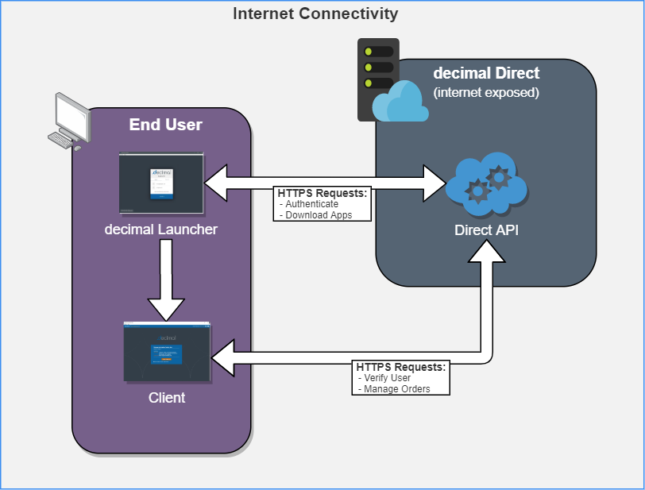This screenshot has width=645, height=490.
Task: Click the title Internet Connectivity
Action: tap(315, 14)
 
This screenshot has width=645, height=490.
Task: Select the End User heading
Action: tap(165, 125)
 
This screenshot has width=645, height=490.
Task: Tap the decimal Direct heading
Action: tap(486, 73)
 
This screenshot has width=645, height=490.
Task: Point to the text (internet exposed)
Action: tap(486, 92)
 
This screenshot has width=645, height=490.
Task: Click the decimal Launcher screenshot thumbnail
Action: tap(161, 183)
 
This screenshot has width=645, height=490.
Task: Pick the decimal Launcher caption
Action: tap(161, 230)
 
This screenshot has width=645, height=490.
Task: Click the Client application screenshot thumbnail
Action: tap(167, 353)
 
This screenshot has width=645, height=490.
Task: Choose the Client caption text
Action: tap(167, 397)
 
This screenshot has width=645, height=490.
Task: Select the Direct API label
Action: tap(486, 230)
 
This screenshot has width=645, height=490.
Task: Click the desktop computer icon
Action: tap(69, 121)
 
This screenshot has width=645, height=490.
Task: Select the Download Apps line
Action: tap(319, 214)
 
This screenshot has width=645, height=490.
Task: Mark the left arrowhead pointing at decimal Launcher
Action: tap(215, 183)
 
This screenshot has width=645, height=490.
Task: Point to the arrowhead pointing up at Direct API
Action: tap(486, 250)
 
